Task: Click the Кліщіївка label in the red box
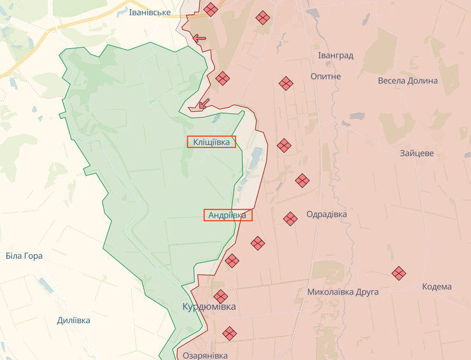211,142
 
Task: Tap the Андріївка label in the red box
227,215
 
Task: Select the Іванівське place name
150,13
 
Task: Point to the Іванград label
335,55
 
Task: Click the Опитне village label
325,76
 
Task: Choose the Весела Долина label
407,81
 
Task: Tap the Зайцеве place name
417,153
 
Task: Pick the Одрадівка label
327,214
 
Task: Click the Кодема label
437,286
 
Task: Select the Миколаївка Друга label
342,292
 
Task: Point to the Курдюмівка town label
209,307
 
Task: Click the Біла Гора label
24,256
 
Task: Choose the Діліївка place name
73,320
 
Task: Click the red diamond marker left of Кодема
399,273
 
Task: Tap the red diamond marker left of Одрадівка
290,219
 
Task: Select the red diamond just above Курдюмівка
220,296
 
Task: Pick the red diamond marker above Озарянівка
229,333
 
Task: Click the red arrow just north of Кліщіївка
203,104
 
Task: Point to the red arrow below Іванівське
199,38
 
